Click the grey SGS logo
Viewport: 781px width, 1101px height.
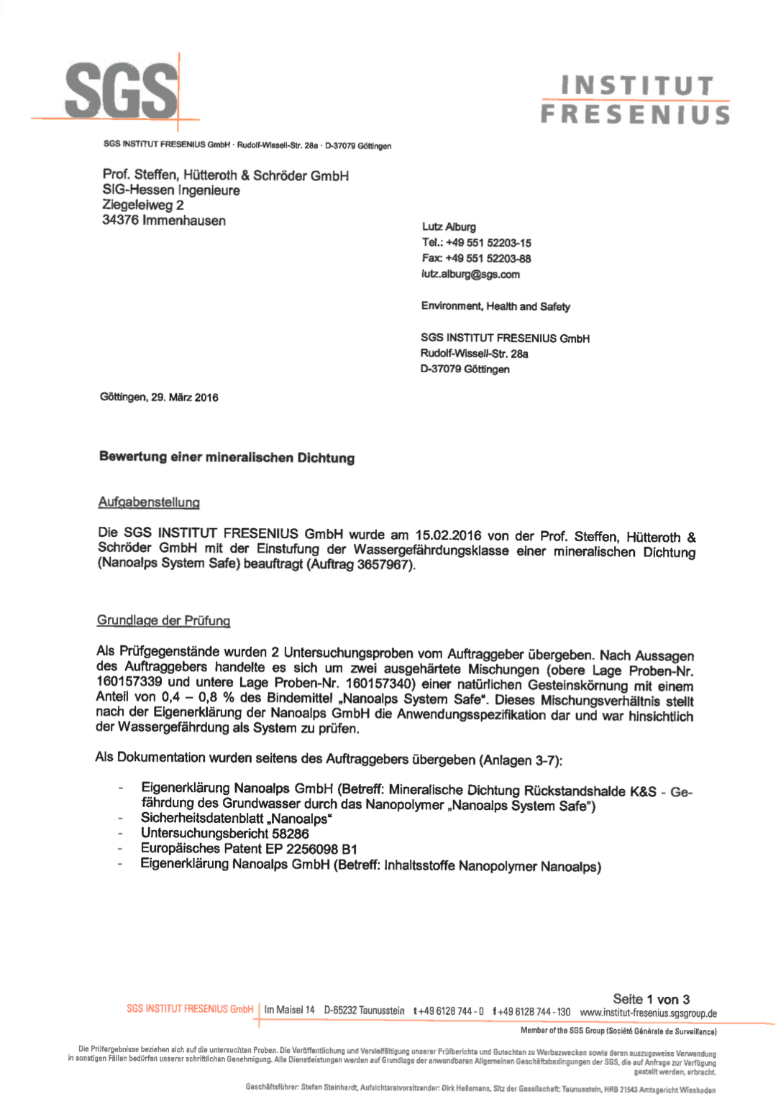[x=121, y=91]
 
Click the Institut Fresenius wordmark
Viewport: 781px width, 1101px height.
[x=636, y=101]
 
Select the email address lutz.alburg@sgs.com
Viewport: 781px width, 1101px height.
[x=470, y=275]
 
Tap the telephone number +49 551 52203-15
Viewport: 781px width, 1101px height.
[x=488, y=243]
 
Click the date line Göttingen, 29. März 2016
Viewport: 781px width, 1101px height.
[x=159, y=397]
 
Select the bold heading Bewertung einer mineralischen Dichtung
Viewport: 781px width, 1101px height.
[x=227, y=457]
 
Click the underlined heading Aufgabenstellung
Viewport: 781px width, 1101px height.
[x=149, y=502]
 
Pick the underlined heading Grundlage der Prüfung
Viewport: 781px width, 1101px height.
[x=163, y=620]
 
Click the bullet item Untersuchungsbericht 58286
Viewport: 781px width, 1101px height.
[x=224, y=834]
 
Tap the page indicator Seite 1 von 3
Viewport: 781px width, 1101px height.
[x=651, y=999]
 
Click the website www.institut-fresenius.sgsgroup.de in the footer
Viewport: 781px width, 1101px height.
[x=648, y=1013]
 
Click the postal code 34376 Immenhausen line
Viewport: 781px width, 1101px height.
[x=164, y=221]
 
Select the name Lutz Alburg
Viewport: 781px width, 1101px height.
[x=449, y=227]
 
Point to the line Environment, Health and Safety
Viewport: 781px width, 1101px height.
[x=495, y=306]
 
